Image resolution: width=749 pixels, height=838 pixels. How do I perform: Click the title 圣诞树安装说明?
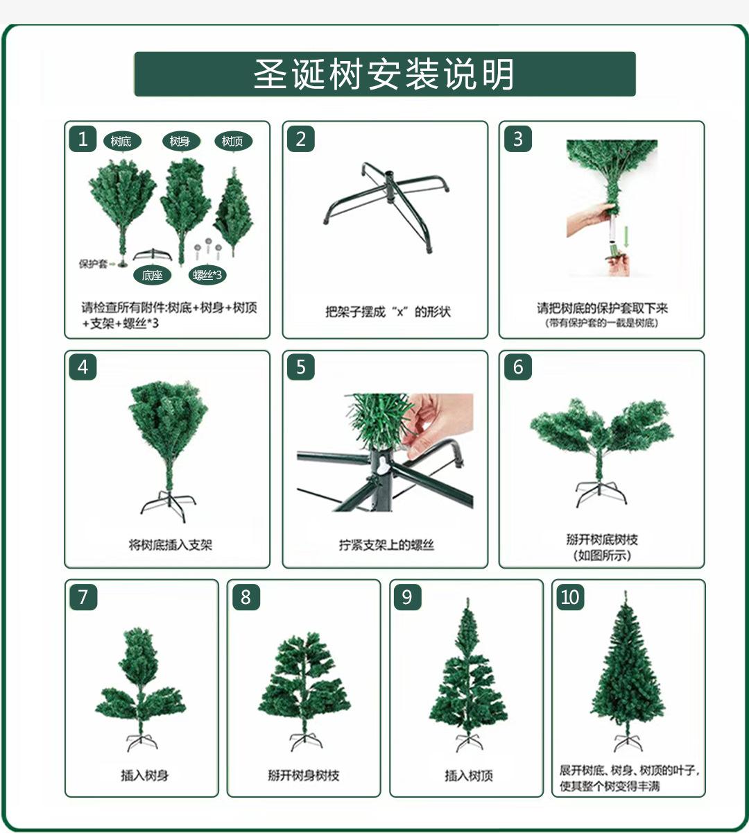pos(384,74)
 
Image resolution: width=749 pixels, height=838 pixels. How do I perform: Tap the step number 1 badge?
pos(83,139)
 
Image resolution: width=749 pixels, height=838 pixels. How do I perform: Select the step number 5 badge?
pos(301,367)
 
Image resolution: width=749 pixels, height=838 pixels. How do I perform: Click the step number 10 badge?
pos(570,597)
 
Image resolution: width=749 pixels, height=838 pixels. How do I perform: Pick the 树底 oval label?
pos(122,142)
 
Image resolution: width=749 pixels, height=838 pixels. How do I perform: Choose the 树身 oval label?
pos(181,142)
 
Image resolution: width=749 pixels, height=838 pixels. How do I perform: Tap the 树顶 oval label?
pos(234,142)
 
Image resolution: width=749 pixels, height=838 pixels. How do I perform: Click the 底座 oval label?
pos(153,275)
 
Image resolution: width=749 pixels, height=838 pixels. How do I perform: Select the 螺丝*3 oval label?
pos(207,275)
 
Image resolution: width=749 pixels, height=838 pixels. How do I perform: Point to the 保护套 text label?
pos(93,264)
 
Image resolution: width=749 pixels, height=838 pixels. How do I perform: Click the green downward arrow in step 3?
pos(626,237)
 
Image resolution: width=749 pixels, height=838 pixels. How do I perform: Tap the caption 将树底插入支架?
pos(170,545)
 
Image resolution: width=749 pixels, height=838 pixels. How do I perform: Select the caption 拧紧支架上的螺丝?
pos(386,545)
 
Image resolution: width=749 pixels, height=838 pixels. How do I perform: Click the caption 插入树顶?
pos(469,776)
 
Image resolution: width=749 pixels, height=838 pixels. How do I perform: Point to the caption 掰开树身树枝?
pos(304,776)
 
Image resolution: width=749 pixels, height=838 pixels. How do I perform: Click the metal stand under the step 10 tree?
pos(628,741)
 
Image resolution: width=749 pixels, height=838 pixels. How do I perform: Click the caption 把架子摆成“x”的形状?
pos(388,312)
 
